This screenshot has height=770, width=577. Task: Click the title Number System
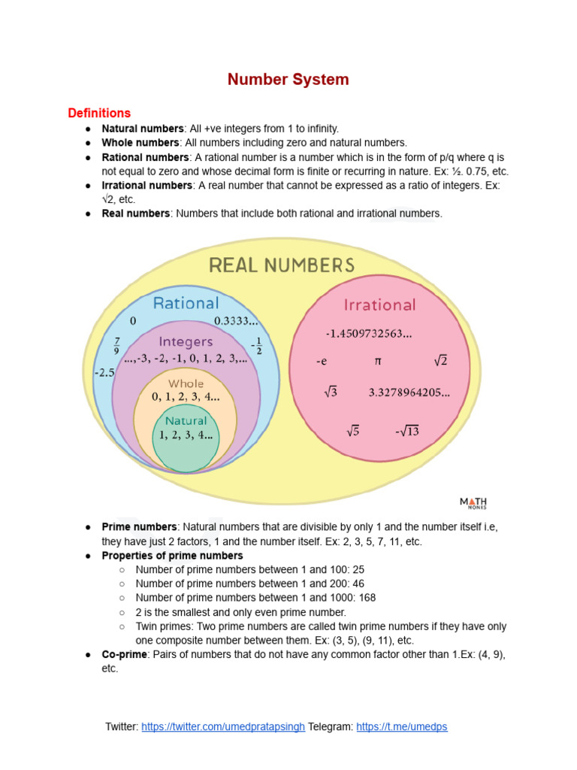[288, 79]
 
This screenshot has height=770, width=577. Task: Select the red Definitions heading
[99, 114]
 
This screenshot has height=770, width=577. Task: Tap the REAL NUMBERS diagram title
[282, 265]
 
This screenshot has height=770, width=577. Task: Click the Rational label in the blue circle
[186, 303]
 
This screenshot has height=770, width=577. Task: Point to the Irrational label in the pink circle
[379, 305]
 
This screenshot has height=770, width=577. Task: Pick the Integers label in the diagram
[186, 341]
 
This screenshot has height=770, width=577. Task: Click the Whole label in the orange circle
[186, 383]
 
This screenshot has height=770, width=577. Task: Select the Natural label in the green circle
[186, 421]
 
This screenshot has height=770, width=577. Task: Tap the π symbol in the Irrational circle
[379, 361]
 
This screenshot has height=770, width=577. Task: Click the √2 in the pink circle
[440, 361]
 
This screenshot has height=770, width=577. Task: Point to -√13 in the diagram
[407, 431]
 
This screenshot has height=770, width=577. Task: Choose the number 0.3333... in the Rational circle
[236, 322]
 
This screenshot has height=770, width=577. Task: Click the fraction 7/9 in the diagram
[116, 345]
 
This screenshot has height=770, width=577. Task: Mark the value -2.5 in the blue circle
[104, 372]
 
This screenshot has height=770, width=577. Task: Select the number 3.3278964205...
[409, 392]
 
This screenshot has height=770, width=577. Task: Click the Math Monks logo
[473, 503]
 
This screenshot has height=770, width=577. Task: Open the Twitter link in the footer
[223, 727]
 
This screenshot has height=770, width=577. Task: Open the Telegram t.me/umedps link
[402, 727]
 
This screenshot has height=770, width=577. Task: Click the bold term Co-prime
[124, 655]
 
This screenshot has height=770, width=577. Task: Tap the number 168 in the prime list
[367, 598]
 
